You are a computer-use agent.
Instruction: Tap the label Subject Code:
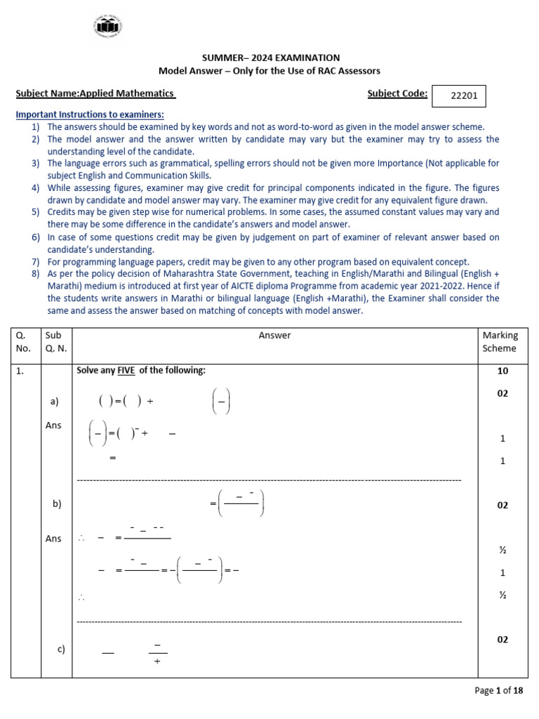[x=397, y=93]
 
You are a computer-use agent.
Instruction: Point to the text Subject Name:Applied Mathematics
[x=95, y=94]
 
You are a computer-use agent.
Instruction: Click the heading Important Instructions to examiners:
[x=90, y=114]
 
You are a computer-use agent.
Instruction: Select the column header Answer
[x=274, y=336]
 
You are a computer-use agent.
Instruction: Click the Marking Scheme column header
[x=499, y=342]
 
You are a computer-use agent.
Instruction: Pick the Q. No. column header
[x=25, y=342]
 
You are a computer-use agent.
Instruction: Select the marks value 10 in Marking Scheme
[x=503, y=371]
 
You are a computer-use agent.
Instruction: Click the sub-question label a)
[x=55, y=402]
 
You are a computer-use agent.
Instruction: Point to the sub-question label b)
[x=57, y=503]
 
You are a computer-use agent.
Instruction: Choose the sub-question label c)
[x=61, y=649]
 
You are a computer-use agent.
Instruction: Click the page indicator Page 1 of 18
[x=499, y=691]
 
